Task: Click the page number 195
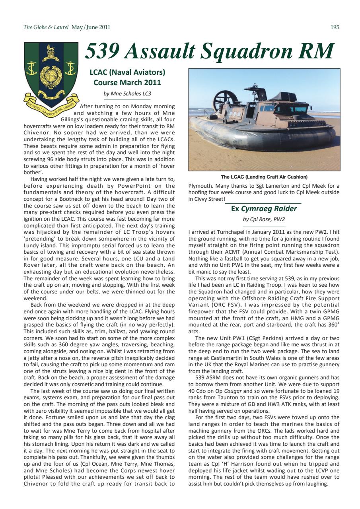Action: (x=335, y=27)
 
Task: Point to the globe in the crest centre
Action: (x=51, y=74)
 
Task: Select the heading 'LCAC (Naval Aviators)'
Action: (x=127, y=72)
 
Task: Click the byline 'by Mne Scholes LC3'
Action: (x=127, y=93)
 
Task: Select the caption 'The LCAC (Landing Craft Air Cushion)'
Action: (x=264, y=177)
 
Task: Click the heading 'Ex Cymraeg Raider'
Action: (x=264, y=209)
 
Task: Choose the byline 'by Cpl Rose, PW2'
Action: (x=264, y=219)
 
